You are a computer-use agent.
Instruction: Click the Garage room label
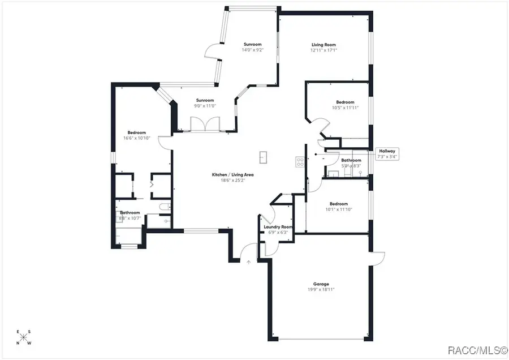point(321,284)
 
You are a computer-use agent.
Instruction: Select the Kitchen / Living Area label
point(232,175)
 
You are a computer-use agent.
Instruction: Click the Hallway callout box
point(387,153)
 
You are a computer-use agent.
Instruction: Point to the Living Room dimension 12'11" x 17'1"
point(323,50)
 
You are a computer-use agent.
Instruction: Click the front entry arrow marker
point(248,262)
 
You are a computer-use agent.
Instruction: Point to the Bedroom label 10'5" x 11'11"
point(345,102)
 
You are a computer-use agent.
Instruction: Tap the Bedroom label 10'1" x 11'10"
point(339,204)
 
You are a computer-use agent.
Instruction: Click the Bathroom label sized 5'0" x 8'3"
point(351,160)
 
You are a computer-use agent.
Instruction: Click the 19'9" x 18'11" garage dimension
point(321,289)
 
